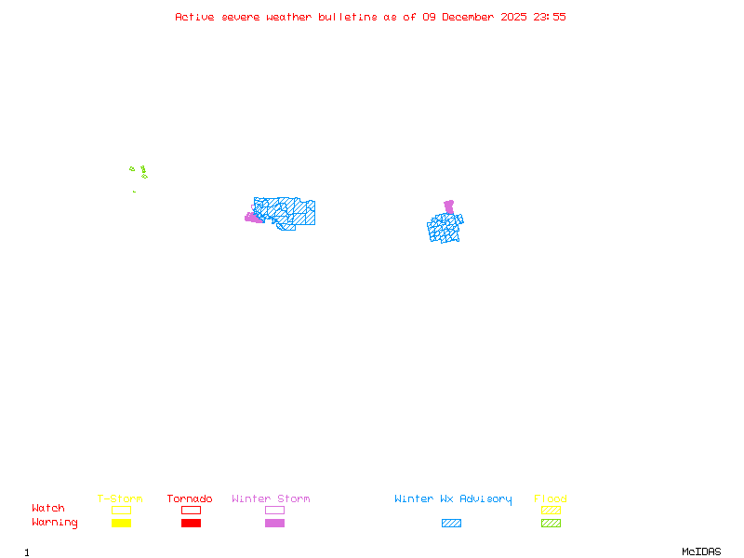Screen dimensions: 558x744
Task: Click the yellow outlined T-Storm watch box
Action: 121,510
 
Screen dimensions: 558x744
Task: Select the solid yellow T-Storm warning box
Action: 121,523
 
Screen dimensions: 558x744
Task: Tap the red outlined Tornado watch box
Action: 191,510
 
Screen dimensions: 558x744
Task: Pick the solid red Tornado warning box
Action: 191,523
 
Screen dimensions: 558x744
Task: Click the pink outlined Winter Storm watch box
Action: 274,510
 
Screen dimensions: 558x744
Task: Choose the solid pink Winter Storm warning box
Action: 274,523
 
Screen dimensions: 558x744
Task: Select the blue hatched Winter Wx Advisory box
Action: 451,523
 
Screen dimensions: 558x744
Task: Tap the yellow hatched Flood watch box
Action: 551,510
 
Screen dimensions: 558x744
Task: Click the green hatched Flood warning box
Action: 551,523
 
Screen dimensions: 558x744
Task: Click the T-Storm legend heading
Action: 120,498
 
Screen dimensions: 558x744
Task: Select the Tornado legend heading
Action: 190,498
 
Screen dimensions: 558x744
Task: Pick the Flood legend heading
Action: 551,498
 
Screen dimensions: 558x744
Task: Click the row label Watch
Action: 48,509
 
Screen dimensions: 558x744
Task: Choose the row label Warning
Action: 55,523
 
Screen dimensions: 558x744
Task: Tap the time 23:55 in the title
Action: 549,17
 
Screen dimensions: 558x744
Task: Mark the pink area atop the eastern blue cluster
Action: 449,206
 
